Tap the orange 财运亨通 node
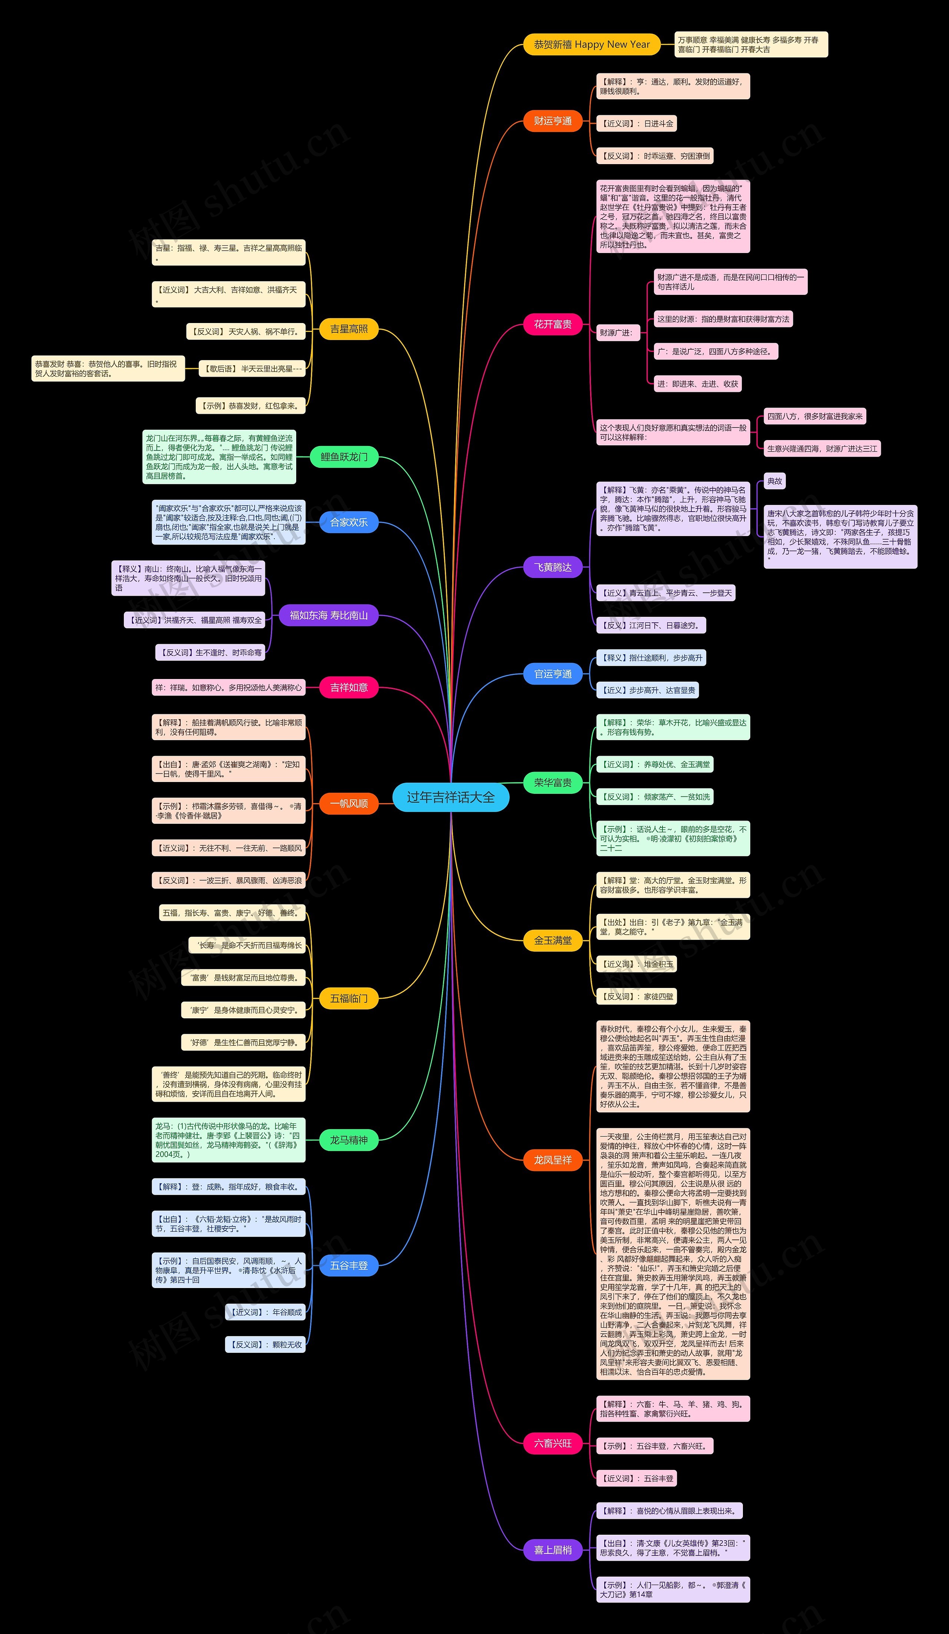(x=553, y=121)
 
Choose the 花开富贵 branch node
(x=553, y=324)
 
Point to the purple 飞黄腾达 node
(x=553, y=568)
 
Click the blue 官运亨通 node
(x=553, y=674)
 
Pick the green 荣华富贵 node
(x=553, y=783)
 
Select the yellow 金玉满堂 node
(x=553, y=940)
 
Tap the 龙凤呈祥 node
(x=553, y=1160)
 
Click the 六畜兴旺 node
(x=553, y=1443)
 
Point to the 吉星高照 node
(x=348, y=329)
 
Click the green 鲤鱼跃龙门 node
(x=344, y=457)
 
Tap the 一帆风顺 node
(x=348, y=803)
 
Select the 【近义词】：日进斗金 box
(x=636, y=124)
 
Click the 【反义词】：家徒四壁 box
(x=636, y=996)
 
